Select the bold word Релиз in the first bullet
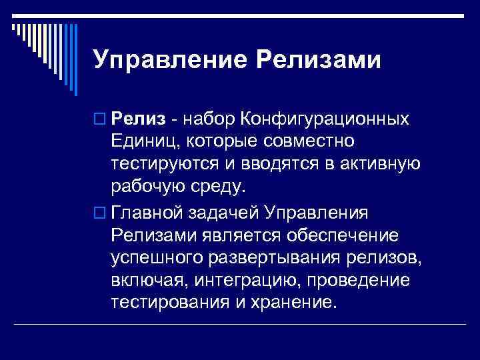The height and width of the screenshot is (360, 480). pos(137,119)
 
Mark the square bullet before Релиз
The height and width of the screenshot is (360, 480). pos(99,119)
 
